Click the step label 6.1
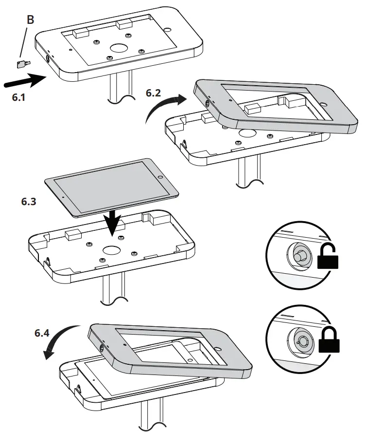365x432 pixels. (x=18, y=97)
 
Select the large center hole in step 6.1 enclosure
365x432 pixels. (x=118, y=49)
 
